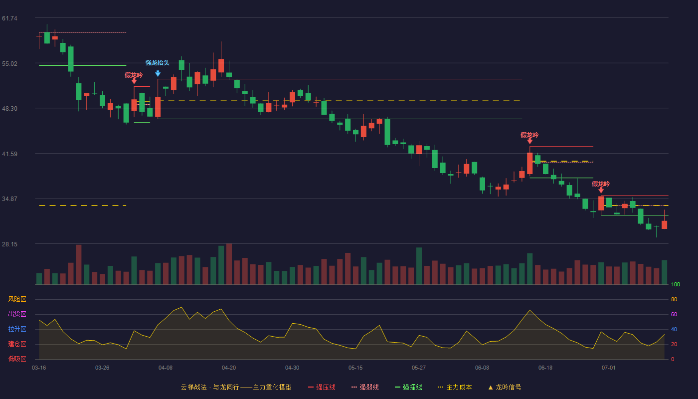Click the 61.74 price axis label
pyautogui.click(x=9, y=18)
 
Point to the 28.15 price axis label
pyautogui.click(x=9, y=244)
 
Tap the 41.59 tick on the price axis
pyautogui.click(x=9, y=154)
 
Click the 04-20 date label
pyautogui.click(x=229, y=368)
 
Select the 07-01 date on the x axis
pyautogui.click(x=609, y=368)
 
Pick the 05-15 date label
pyautogui.click(x=355, y=368)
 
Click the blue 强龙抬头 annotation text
pyautogui.click(x=158, y=63)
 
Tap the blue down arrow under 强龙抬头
pyautogui.click(x=158, y=74)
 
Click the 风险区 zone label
pyautogui.click(x=17, y=299)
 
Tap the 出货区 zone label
pyautogui.click(x=17, y=314)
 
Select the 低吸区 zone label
pyautogui.click(x=17, y=359)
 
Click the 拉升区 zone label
pyautogui.click(x=17, y=329)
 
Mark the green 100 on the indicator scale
pyautogui.click(x=676, y=284)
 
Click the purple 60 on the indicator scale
pyautogui.click(x=674, y=314)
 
